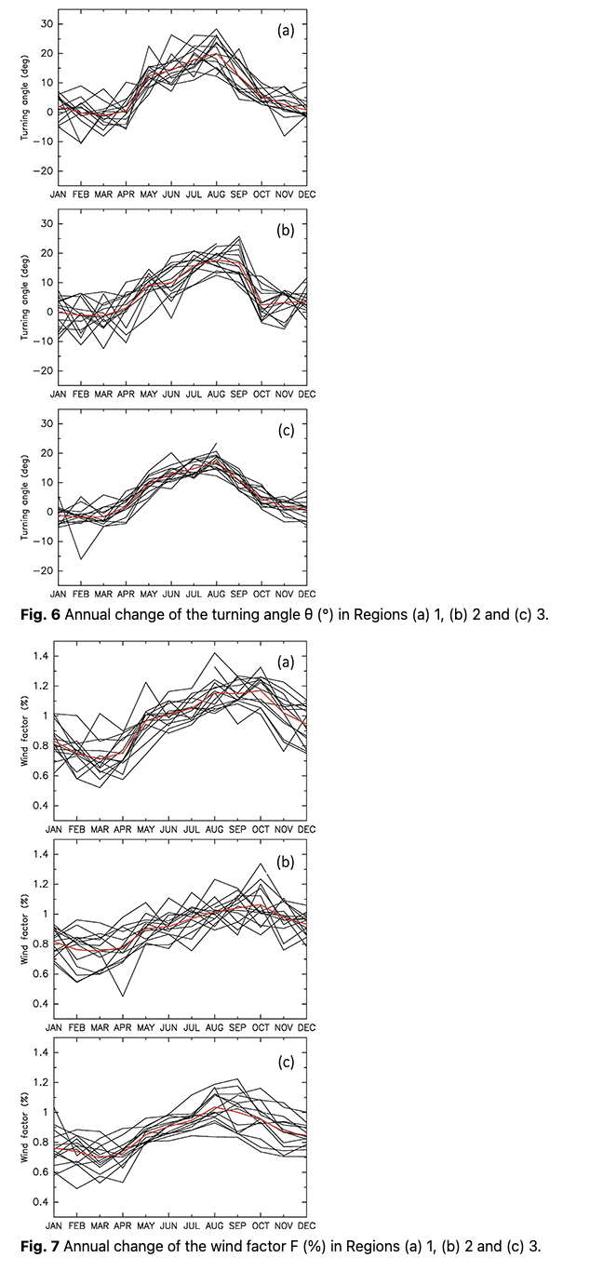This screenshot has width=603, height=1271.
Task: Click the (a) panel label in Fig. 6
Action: pos(286,31)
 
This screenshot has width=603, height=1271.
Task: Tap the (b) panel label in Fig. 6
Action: pos(286,230)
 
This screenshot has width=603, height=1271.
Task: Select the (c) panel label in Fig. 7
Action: pos(286,1062)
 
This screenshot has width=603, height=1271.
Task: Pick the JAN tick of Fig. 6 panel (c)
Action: pos(58,593)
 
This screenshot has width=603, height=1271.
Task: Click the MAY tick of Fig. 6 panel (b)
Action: pos(147,394)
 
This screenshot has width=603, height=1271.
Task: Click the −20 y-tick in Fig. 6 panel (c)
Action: pos(44,570)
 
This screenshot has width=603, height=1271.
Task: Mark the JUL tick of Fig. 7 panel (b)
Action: pos(193,1027)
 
